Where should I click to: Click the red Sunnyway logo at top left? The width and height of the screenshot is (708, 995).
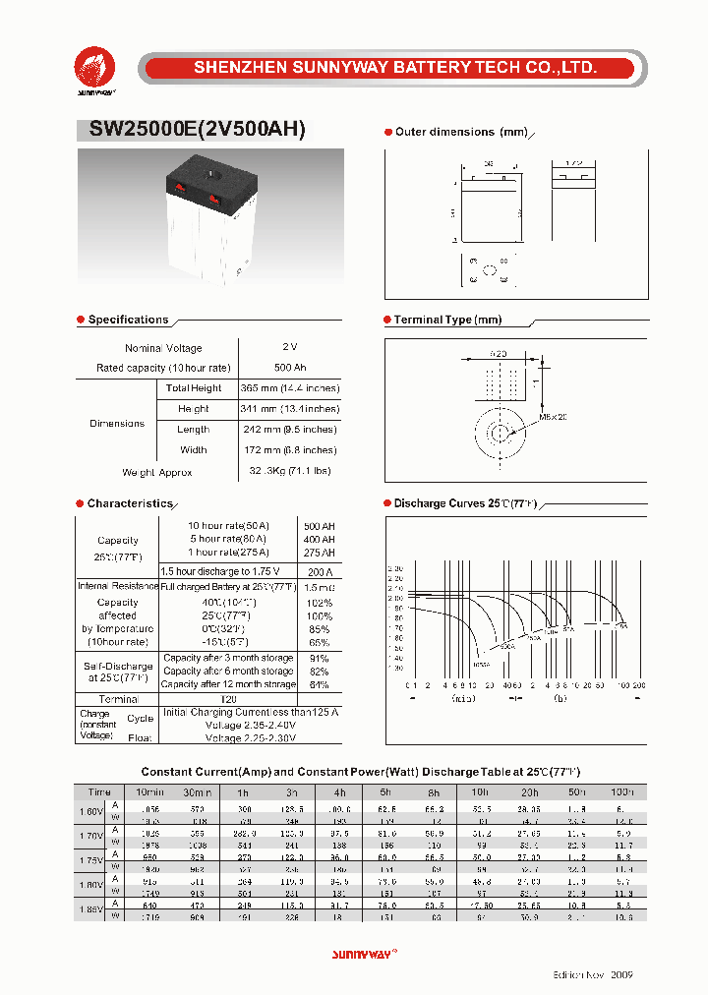pos(95,67)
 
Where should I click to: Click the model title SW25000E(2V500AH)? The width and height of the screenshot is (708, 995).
pos(198,129)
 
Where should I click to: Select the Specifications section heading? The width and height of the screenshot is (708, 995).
pos(128,320)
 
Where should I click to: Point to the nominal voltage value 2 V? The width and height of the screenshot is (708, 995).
pos(289,348)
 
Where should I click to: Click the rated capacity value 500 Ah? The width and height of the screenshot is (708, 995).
pos(289,368)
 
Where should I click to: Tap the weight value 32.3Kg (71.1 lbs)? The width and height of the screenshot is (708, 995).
pos(289,472)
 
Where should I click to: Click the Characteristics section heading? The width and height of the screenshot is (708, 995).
pos(129,503)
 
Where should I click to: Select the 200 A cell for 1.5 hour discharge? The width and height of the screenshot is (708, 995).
pos(320,571)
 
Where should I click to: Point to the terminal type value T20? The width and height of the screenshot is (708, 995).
pos(228,699)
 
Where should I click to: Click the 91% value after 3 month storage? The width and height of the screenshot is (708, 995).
pos(320,658)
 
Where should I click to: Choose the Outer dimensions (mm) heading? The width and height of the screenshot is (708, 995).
pos(461,132)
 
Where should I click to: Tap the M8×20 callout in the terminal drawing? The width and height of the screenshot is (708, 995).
pos(554,417)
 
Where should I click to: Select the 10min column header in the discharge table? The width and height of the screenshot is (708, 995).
pos(150,791)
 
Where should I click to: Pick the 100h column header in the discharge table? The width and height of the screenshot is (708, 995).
pos(622,791)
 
